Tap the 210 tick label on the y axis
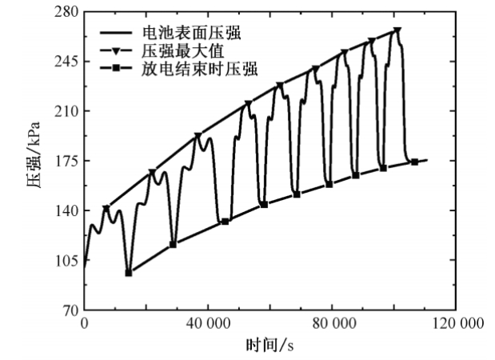(x=67, y=110)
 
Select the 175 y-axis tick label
(x=67, y=161)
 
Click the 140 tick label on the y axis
(x=67, y=210)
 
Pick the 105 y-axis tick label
(x=67, y=260)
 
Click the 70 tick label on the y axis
(x=70, y=310)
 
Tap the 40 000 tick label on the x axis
(x=208, y=324)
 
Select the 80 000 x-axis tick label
(x=332, y=324)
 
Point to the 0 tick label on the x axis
(x=85, y=324)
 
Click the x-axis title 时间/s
(x=270, y=346)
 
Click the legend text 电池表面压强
(x=186, y=34)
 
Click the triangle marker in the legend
(x=117, y=51)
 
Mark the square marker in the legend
(x=117, y=70)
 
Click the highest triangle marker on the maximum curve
(x=397, y=30)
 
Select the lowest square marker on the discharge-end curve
(x=129, y=273)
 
